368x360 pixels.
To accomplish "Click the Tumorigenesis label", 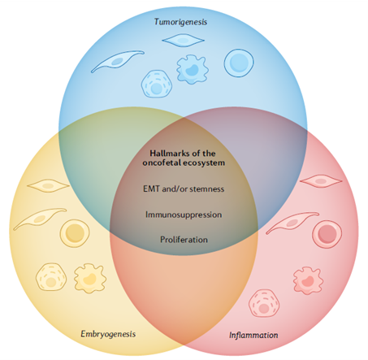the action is click(180, 22).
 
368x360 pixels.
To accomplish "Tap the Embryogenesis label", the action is click(108, 334).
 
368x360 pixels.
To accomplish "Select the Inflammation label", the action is click(253, 335).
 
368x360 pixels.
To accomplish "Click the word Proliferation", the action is click(184, 240).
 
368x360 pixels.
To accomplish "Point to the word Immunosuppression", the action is click(184, 215).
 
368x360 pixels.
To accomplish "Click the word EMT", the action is click(151, 189).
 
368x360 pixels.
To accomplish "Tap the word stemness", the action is click(207, 189).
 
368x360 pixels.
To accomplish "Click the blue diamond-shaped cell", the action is click(183, 41).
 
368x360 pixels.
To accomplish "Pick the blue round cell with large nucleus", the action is click(239, 63).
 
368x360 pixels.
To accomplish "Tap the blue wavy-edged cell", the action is click(193, 69).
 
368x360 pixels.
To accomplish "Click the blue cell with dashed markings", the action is click(156, 84).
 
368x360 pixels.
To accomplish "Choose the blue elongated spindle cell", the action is click(117, 62).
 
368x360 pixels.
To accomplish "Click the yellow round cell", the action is click(75, 233).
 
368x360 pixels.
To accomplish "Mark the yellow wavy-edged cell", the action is click(90, 278).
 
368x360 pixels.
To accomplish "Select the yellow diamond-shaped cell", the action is click(48, 186).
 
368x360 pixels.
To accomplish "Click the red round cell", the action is click(327, 234).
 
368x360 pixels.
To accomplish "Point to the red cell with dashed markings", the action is click(264, 303).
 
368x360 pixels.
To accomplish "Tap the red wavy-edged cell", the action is click(308, 280).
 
